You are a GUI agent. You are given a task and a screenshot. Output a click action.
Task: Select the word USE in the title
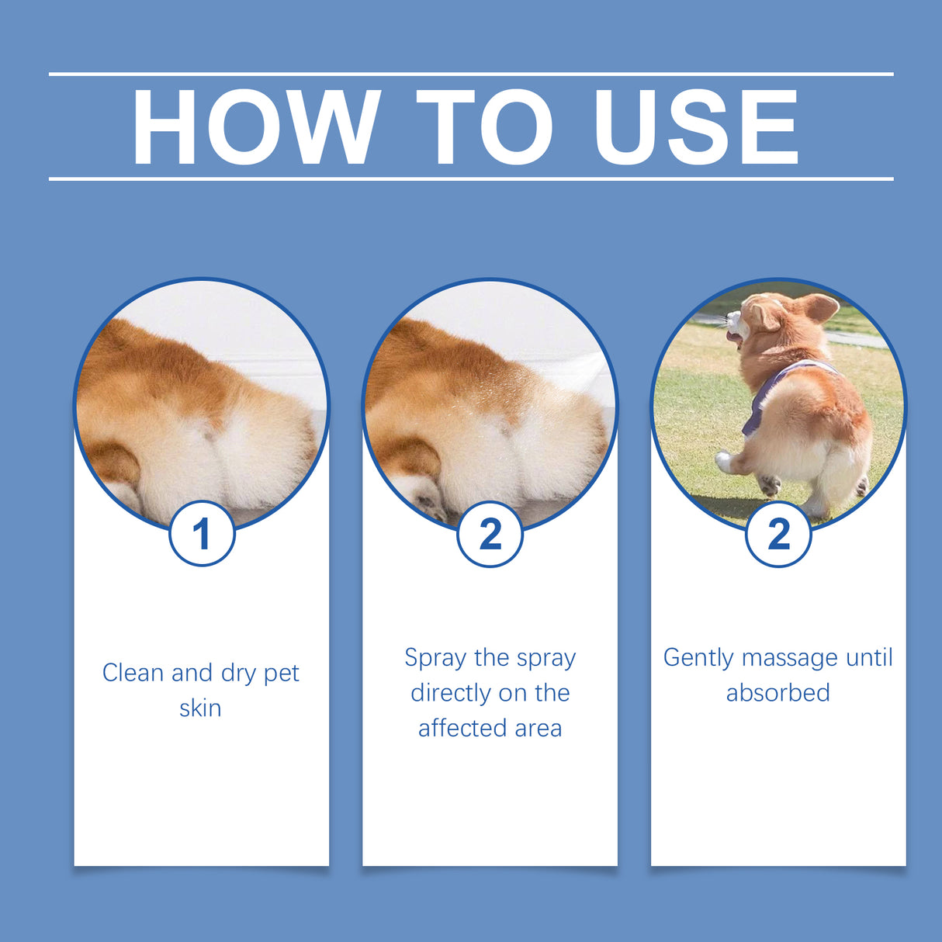tap(696, 128)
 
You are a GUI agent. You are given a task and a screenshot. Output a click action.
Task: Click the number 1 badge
tap(202, 534)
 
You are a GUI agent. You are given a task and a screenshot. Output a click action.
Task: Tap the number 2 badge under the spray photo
tap(490, 534)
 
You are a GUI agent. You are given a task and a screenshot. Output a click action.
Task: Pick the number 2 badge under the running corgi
tap(778, 534)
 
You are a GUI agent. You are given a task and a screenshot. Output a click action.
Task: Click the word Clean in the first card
tap(133, 673)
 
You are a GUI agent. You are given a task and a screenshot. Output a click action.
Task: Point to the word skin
tap(200, 708)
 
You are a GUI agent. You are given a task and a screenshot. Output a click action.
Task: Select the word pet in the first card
tap(281, 674)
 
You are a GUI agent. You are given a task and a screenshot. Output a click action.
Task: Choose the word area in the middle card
tap(538, 729)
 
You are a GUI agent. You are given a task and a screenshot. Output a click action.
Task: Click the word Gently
tap(698, 658)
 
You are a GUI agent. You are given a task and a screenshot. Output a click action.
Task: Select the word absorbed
tap(777, 692)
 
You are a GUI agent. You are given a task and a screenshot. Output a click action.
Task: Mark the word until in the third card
tap(869, 657)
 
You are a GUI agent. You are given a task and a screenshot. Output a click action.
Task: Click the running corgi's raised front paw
tap(724, 463)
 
